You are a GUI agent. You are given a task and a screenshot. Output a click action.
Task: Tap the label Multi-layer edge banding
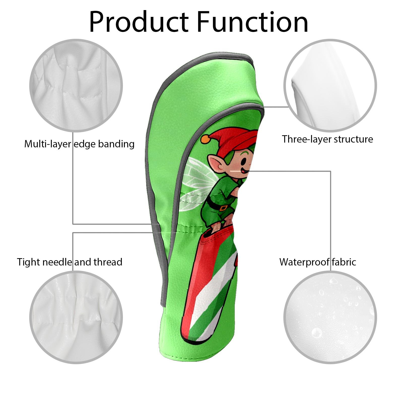(x=79, y=144)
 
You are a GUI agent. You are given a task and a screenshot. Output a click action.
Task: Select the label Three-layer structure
(x=327, y=139)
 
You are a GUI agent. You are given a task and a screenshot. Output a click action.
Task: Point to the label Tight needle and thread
(x=70, y=262)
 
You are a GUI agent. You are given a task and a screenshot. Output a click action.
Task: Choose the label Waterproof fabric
(x=318, y=262)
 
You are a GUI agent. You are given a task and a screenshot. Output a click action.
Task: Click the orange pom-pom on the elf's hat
(x=205, y=139)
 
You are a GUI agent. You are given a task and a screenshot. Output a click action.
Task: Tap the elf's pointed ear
(x=216, y=164)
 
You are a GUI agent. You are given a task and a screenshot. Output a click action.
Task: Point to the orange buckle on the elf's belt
(x=223, y=208)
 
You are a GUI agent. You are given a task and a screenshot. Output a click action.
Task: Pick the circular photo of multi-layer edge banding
(x=76, y=85)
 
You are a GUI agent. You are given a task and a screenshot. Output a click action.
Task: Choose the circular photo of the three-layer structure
(x=330, y=85)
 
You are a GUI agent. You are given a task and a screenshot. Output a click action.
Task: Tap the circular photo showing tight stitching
(x=76, y=317)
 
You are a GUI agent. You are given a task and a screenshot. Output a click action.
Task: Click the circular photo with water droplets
(x=330, y=317)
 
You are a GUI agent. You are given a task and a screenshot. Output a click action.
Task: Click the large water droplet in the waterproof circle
(x=317, y=333)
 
